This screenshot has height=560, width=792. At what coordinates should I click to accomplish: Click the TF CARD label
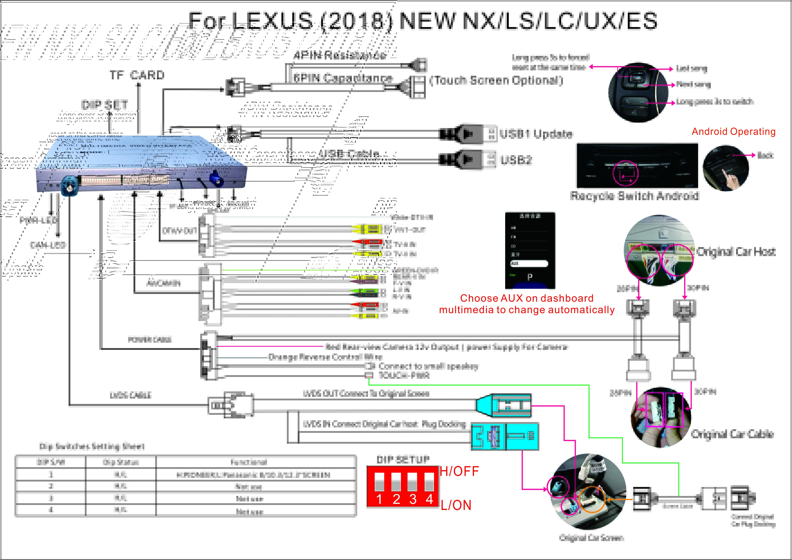(137, 75)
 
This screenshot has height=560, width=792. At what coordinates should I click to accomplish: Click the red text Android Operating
(733, 131)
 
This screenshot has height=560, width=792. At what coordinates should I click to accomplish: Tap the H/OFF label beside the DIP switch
(459, 471)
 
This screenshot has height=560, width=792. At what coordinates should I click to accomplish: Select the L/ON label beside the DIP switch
(456, 505)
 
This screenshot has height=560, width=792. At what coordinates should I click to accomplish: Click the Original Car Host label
(736, 252)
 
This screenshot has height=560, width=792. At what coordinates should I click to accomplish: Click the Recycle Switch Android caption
(634, 196)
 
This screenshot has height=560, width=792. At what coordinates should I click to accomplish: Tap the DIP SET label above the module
(104, 104)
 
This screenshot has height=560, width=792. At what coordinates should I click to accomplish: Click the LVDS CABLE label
(130, 395)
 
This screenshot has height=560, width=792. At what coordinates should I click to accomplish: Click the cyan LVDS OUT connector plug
(503, 406)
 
